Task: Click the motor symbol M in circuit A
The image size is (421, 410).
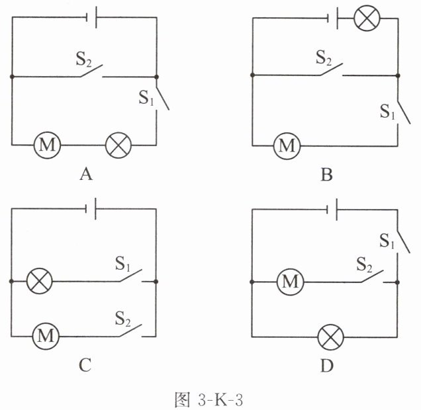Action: click(x=47, y=145)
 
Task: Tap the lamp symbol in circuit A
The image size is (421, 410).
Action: click(x=118, y=145)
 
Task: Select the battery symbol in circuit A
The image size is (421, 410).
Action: click(x=91, y=17)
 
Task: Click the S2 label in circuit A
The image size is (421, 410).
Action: click(x=84, y=59)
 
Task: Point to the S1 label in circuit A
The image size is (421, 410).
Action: click(x=146, y=98)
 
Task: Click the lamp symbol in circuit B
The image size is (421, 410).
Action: click(x=367, y=18)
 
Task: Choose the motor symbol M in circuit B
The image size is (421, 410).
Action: click(x=287, y=146)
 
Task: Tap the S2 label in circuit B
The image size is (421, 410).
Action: click(x=324, y=58)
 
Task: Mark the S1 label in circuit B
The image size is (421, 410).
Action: click(x=388, y=112)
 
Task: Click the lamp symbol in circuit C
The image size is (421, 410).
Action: click(x=40, y=281)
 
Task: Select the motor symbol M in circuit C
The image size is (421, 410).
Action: click(x=46, y=336)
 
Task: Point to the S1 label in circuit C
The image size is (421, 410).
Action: click(x=122, y=263)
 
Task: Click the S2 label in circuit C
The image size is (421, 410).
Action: click(x=123, y=319)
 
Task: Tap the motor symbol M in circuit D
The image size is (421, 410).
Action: click(x=290, y=282)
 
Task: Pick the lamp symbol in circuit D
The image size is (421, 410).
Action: click(x=331, y=337)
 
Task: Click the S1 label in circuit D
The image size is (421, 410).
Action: click(x=387, y=241)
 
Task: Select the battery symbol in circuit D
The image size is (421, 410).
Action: click(x=332, y=210)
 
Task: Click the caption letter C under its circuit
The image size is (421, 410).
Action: click(x=85, y=365)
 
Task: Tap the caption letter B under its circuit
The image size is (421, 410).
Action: click(x=326, y=175)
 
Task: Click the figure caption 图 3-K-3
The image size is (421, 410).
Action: click(x=209, y=399)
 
